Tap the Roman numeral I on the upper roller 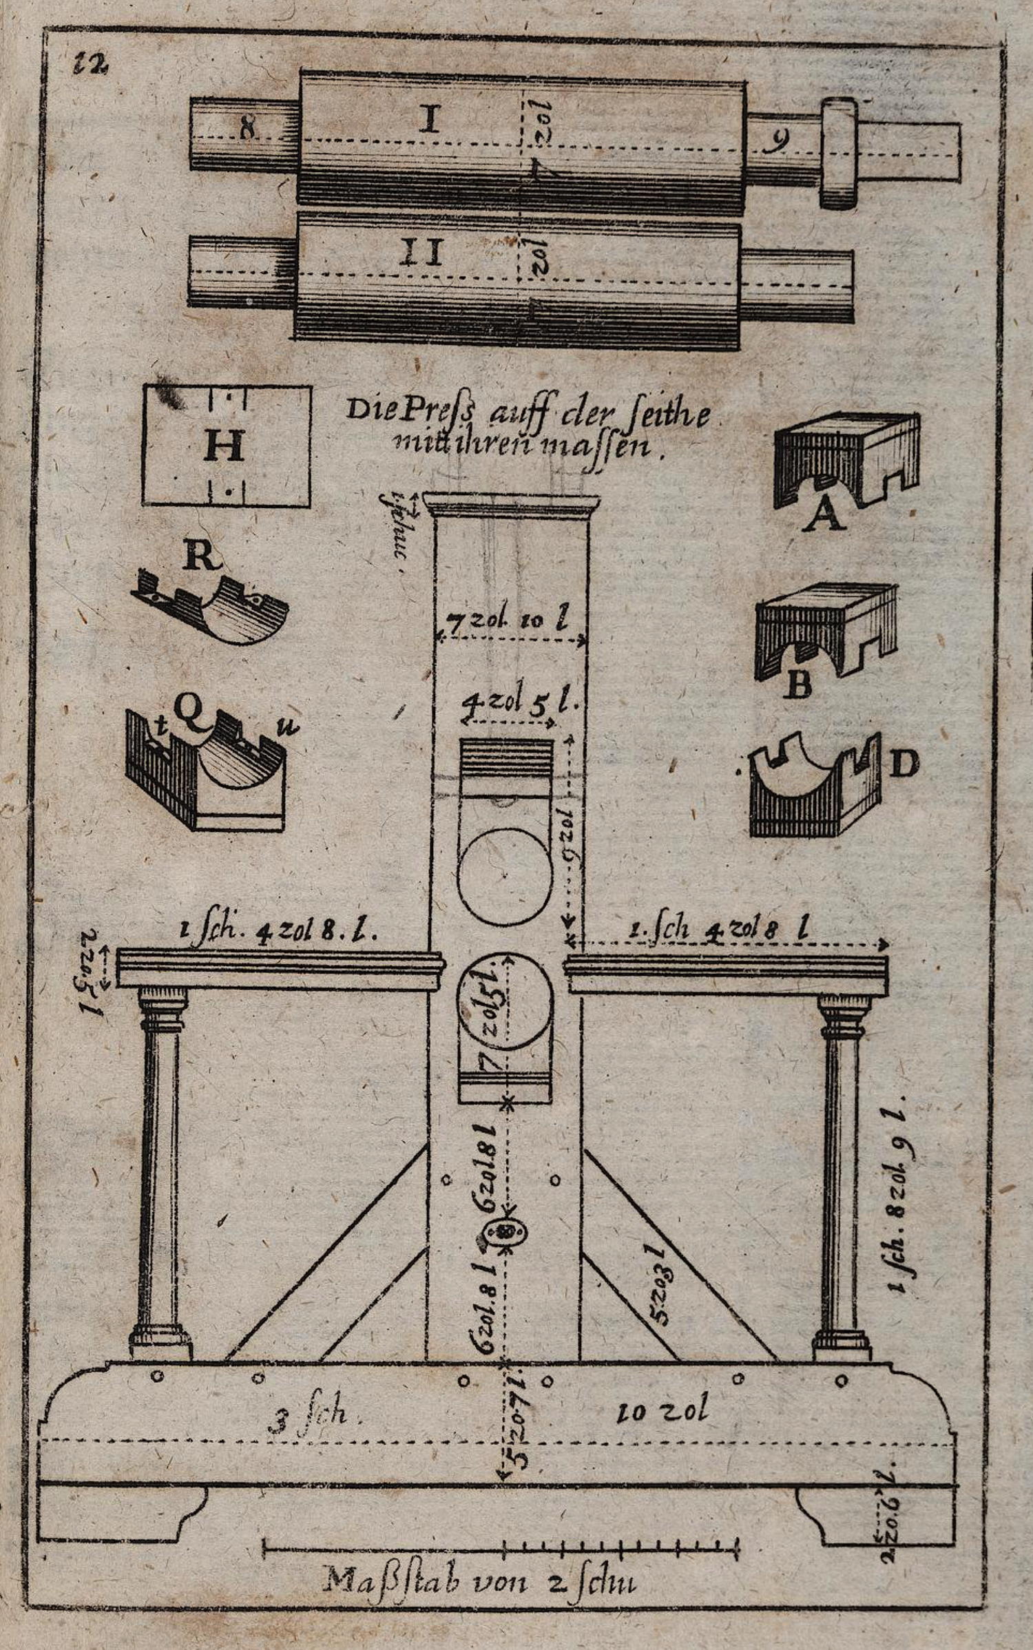pyautogui.click(x=429, y=119)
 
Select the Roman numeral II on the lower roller pyautogui.click(x=421, y=252)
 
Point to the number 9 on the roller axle pyautogui.click(x=779, y=141)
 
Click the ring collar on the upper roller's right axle pyautogui.click(x=839, y=152)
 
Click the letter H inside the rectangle pyautogui.click(x=225, y=446)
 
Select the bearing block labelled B pyautogui.click(x=825, y=631)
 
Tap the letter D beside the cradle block pyautogui.click(x=905, y=764)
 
